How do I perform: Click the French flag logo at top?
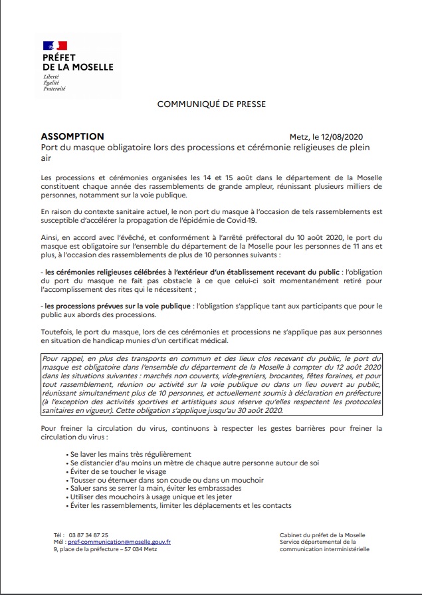(51, 45)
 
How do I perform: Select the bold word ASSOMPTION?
(72, 136)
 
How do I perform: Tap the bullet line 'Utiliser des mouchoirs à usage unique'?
(142, 497)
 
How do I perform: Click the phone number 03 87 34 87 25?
(88, 535)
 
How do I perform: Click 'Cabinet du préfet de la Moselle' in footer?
(322, 535)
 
